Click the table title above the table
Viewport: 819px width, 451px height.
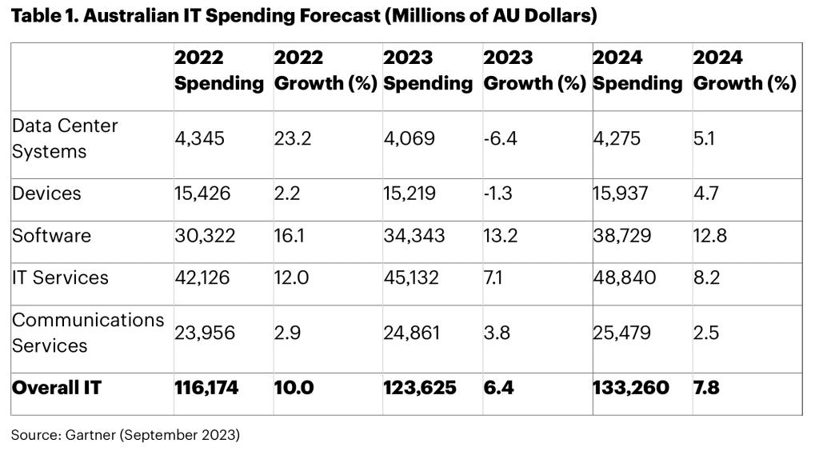[304, 16]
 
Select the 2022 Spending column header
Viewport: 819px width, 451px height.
[218, 70]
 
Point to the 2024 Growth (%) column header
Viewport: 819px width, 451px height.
[744, 70]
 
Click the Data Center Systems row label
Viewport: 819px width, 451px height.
[66, 138]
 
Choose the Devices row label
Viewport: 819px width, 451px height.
[47, 194]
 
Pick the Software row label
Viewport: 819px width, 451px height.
[52, 235]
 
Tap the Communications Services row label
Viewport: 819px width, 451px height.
[88, 332]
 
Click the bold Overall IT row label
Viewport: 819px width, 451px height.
[57, 388]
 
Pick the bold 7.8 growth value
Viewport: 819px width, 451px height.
[707, 388]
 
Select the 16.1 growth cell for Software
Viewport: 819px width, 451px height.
[289, 235]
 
